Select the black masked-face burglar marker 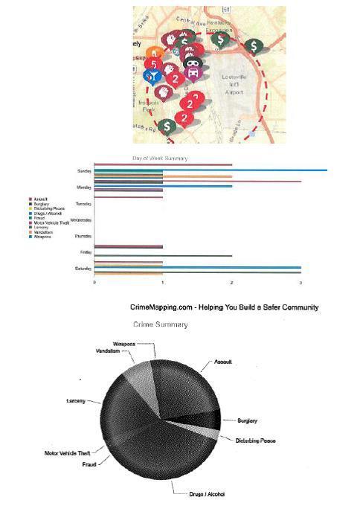193,63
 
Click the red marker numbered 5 153,63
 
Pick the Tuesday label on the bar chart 83,204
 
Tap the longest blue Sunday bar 245,171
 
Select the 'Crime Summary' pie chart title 160,325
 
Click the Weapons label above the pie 124,344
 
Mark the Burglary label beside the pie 247,421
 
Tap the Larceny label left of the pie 77,400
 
